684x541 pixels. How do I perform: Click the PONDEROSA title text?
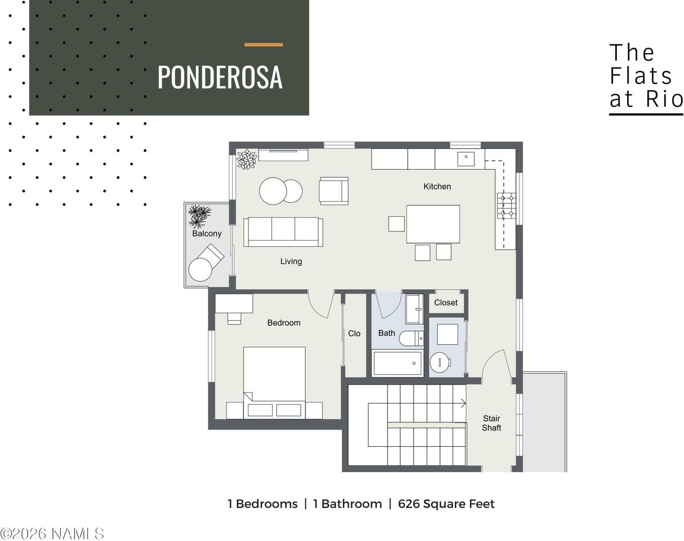[220, 77]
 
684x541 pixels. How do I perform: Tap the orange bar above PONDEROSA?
[264, 45]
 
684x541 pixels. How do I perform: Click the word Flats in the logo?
[641, 76]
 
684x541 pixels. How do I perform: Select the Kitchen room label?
[437, 187]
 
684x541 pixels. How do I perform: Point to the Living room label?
[291, 261]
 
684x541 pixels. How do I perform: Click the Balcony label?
[207, 234]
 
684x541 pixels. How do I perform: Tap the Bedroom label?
[284, 323]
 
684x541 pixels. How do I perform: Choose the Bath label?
[387, 333]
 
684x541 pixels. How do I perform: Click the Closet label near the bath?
[446, 303]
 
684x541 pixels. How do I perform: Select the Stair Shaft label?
[491, 423]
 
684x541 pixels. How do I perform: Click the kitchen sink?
[466, 158]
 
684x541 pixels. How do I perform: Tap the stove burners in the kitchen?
[507, 206]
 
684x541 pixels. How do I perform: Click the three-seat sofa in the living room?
[283, 232]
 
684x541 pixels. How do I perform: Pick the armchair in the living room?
[334, 190]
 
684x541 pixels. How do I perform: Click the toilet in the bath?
[411, 339]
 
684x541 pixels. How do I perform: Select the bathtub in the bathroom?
[398, 363]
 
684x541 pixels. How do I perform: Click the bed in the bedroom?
[274, 383]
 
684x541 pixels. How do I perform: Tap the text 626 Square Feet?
[446, 504]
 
